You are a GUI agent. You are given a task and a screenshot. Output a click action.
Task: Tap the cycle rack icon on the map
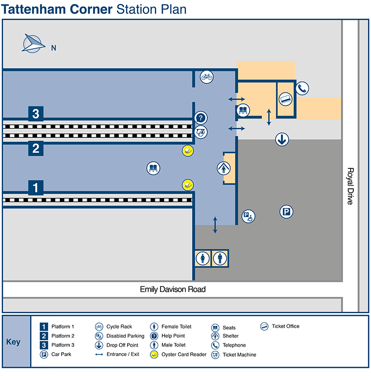[206, 77]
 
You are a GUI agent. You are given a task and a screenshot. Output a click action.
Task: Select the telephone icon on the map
[302, 88]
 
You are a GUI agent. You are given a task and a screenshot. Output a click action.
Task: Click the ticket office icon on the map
[285, 99]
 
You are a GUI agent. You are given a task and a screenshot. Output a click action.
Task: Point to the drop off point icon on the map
[282, 139]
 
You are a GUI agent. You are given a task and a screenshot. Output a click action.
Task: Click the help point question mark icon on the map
[200, 118]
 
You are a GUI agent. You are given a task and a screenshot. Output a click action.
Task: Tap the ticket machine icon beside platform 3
[200, 132]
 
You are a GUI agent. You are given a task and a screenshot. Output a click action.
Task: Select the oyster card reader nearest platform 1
[187, 185]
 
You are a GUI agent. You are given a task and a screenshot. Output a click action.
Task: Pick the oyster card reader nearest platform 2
[187, 151]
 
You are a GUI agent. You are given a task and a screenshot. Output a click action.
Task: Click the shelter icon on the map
[224, 168]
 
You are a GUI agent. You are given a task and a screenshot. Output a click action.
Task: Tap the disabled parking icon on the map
[249, 216]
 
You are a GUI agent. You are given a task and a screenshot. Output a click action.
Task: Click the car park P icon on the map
[286, 213]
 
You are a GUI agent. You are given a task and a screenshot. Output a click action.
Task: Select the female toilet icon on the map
[202, 258]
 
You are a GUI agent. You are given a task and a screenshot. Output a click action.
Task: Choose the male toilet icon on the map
[219, 258]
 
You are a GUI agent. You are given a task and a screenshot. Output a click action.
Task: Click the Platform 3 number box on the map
[36, 114]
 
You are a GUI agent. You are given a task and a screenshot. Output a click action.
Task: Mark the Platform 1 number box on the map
[36, 188]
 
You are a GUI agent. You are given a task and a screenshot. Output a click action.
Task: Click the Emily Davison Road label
[173, 290]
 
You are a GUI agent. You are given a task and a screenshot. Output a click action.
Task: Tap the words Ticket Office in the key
[285, 326]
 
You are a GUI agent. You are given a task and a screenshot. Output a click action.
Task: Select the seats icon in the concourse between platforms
[153, 168]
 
